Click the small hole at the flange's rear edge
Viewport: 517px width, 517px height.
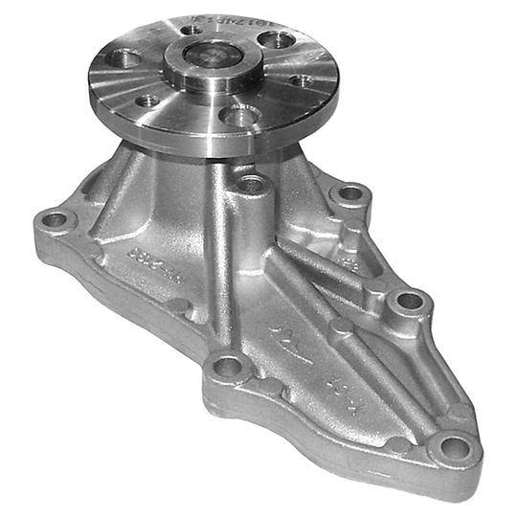(x=194, y=30)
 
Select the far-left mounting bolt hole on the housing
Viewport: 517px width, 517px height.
(x=56, y=220)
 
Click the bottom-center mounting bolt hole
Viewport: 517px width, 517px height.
(x=227, y=365)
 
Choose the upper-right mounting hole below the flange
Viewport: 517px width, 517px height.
(x=350, y=194)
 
